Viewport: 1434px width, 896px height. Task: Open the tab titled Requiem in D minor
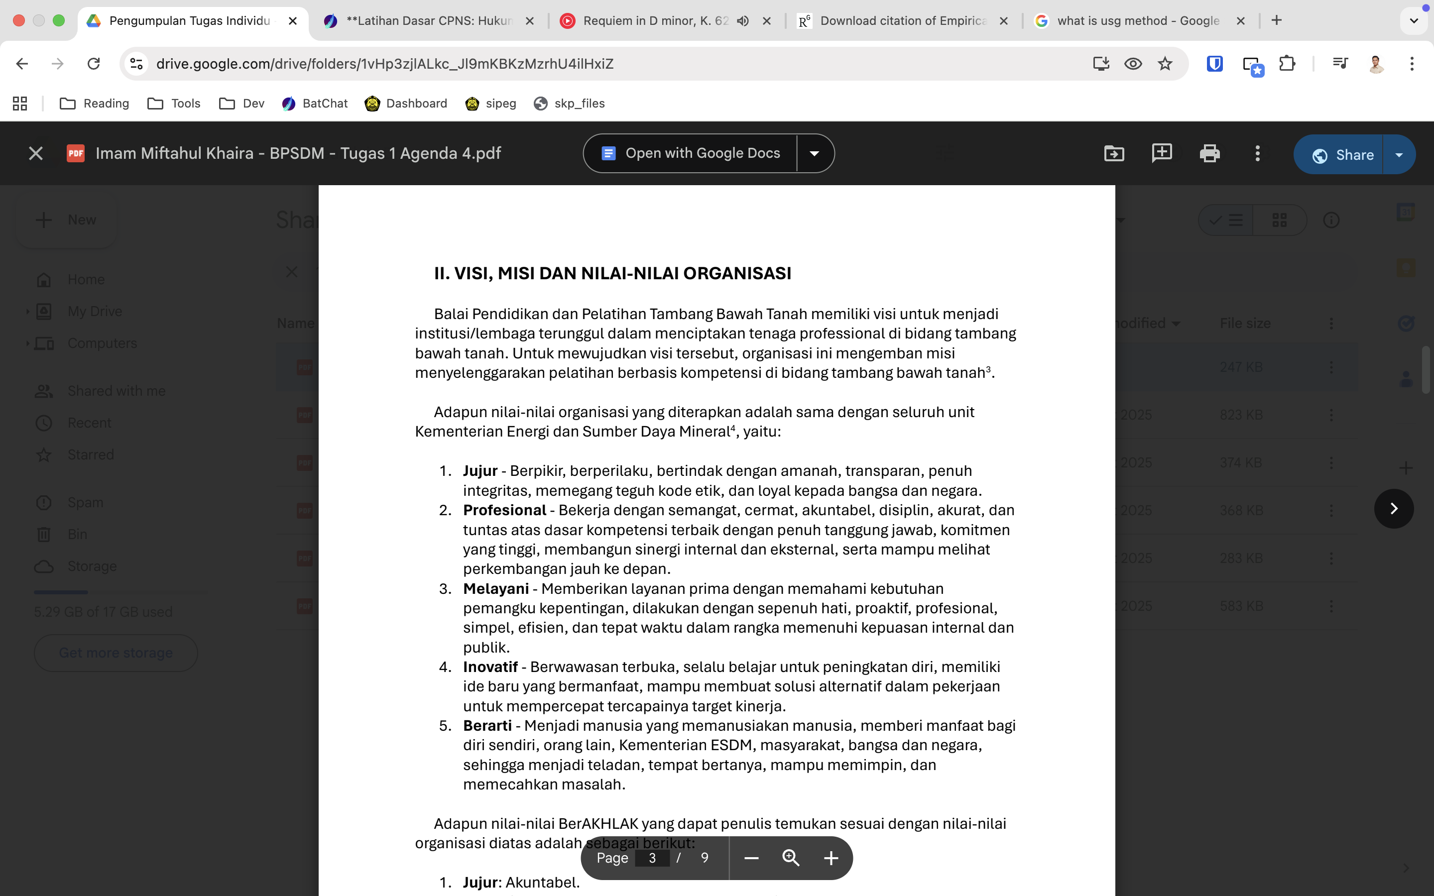[x=655, y=21]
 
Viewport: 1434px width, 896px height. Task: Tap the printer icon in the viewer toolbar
[x=1209, y=153]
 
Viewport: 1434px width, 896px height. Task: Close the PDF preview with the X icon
[x=35, y=153]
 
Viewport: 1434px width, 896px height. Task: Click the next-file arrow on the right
[x=1394, y=508]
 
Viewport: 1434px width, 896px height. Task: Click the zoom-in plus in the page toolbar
[x=831, y=858]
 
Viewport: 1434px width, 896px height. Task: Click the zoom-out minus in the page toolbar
[x=751, y=858]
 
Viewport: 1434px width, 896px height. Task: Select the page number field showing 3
[x=652, y=858]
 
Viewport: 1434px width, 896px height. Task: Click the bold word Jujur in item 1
[x=480, y=471]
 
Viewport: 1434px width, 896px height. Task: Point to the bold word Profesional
[x=504, y=510]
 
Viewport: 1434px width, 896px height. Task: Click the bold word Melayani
[x=496, y=589]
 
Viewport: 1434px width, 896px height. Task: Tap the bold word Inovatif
[x=490, y=667]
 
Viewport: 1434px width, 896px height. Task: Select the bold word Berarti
[x=487, y=726]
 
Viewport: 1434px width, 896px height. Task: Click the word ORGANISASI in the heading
[x=736, y=273]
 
